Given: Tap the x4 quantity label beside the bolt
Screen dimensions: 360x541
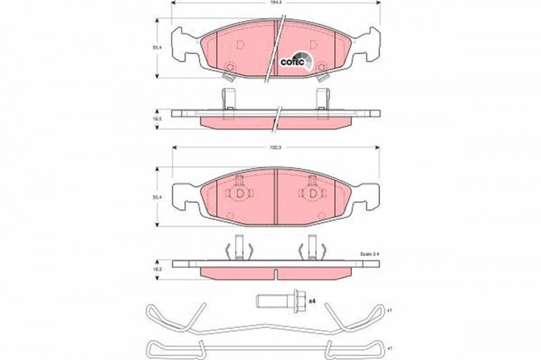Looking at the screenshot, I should pos(313,300).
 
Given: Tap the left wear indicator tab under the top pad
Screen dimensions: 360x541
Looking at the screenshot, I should pos(228,74).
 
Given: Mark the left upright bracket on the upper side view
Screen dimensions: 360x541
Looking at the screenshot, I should pos(228,98).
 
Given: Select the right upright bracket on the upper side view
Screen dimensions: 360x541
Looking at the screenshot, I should pos(322,98).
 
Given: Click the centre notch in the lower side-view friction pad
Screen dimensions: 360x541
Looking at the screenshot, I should pos(276,271).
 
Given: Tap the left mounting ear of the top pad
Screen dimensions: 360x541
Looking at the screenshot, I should pos(183,44).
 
